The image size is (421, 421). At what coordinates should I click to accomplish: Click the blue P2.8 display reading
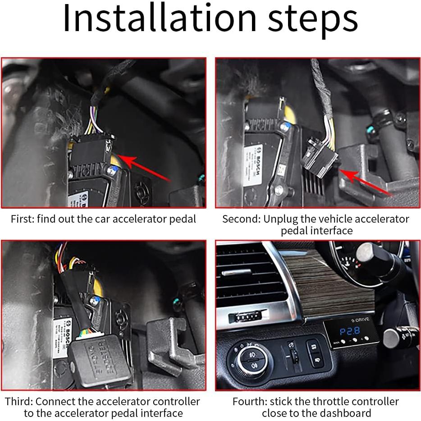coord(350,331)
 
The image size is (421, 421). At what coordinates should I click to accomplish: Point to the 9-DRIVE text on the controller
coord(361,319)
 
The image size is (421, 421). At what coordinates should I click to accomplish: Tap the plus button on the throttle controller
coord(367,338)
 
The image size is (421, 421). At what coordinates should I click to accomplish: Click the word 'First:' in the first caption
coord(22,220)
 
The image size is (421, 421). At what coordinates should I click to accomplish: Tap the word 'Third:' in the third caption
coord(18,401)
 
